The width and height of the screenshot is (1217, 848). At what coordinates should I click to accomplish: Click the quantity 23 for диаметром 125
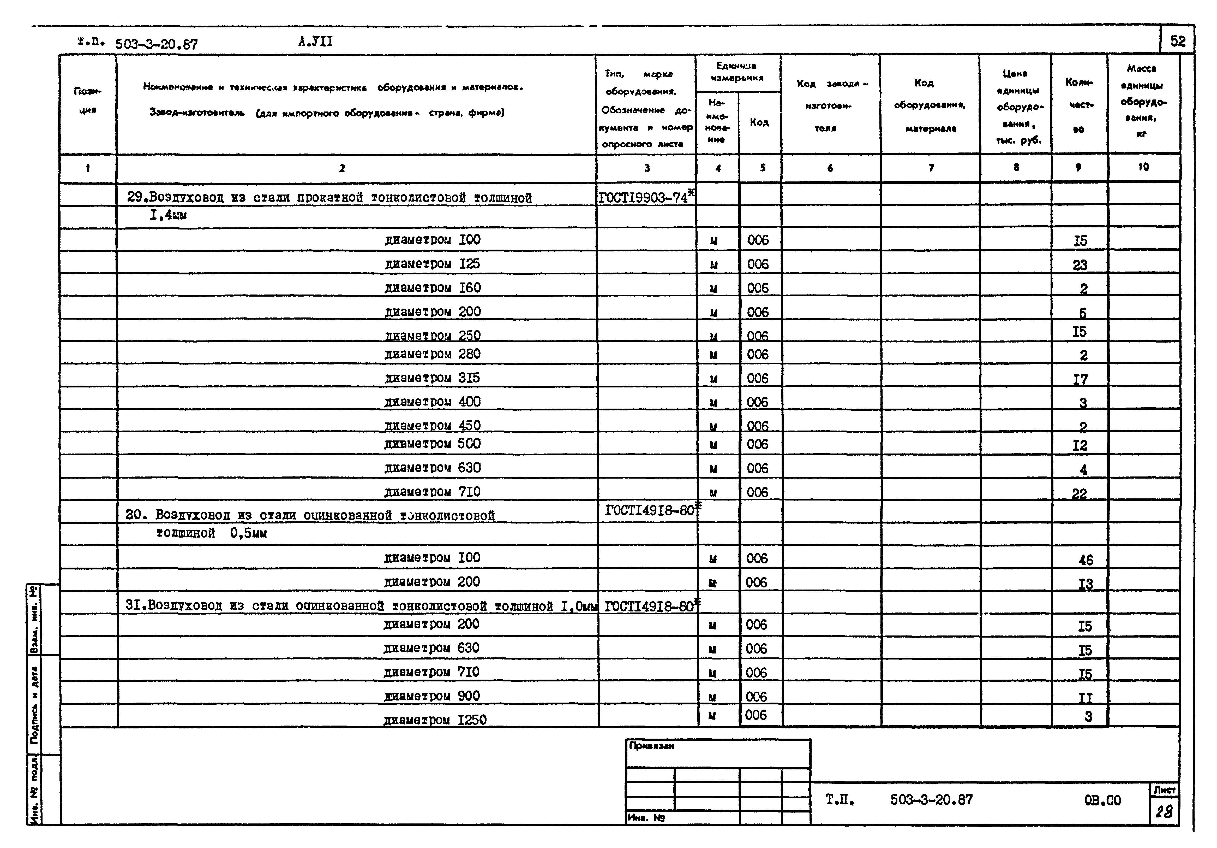pyautogui.click(x=1080, y=265)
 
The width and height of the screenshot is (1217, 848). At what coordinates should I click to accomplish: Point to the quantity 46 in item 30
pyautogui.click(x=1086, y=560)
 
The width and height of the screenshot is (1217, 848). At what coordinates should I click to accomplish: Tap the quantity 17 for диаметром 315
pyautogui.click(x=1080, y=379)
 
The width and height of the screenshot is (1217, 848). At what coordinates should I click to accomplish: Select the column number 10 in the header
pyautogui.click(x=1143, y=167)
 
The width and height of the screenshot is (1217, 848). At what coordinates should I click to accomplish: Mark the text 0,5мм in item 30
pyautogui.click(x=248, y=533)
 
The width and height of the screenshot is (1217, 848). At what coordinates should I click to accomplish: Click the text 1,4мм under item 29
pyautogui.click(x=168, y=215)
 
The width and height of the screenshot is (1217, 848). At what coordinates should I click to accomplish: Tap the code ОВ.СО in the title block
pyautogui.click(x=1102, y=800)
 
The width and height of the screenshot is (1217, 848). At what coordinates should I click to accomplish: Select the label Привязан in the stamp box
pyautogui.click(x=651, y=746)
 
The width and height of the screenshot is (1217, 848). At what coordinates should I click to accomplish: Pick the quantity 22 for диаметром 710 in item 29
pyautogui.click(x=1079, y=494)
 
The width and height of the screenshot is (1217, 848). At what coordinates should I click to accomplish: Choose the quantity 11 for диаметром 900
pyautogui.click(x=1085, y=697)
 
